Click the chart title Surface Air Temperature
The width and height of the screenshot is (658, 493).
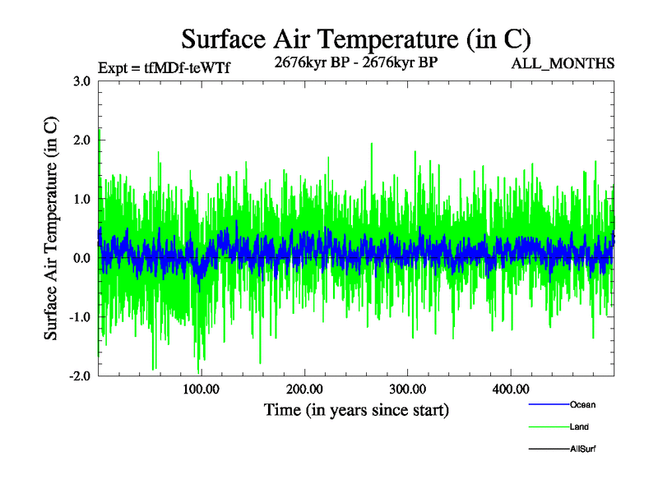356,39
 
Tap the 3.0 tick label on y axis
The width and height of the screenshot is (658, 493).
81,81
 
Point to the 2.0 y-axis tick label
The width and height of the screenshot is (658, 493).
81,141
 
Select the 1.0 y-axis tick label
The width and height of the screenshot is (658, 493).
81,200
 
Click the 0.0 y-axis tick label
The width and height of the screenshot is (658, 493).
81,259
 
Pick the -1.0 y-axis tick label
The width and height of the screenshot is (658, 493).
80,317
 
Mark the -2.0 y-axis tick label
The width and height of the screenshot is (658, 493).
80,376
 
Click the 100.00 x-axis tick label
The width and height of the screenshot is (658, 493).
201,389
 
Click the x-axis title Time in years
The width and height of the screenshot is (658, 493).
356,409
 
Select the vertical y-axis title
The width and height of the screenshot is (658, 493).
51,228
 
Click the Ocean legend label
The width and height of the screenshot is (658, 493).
582,405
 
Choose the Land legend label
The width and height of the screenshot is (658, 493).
579,427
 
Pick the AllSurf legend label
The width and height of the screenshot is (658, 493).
583,449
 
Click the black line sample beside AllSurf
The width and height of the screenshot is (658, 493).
548,449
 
